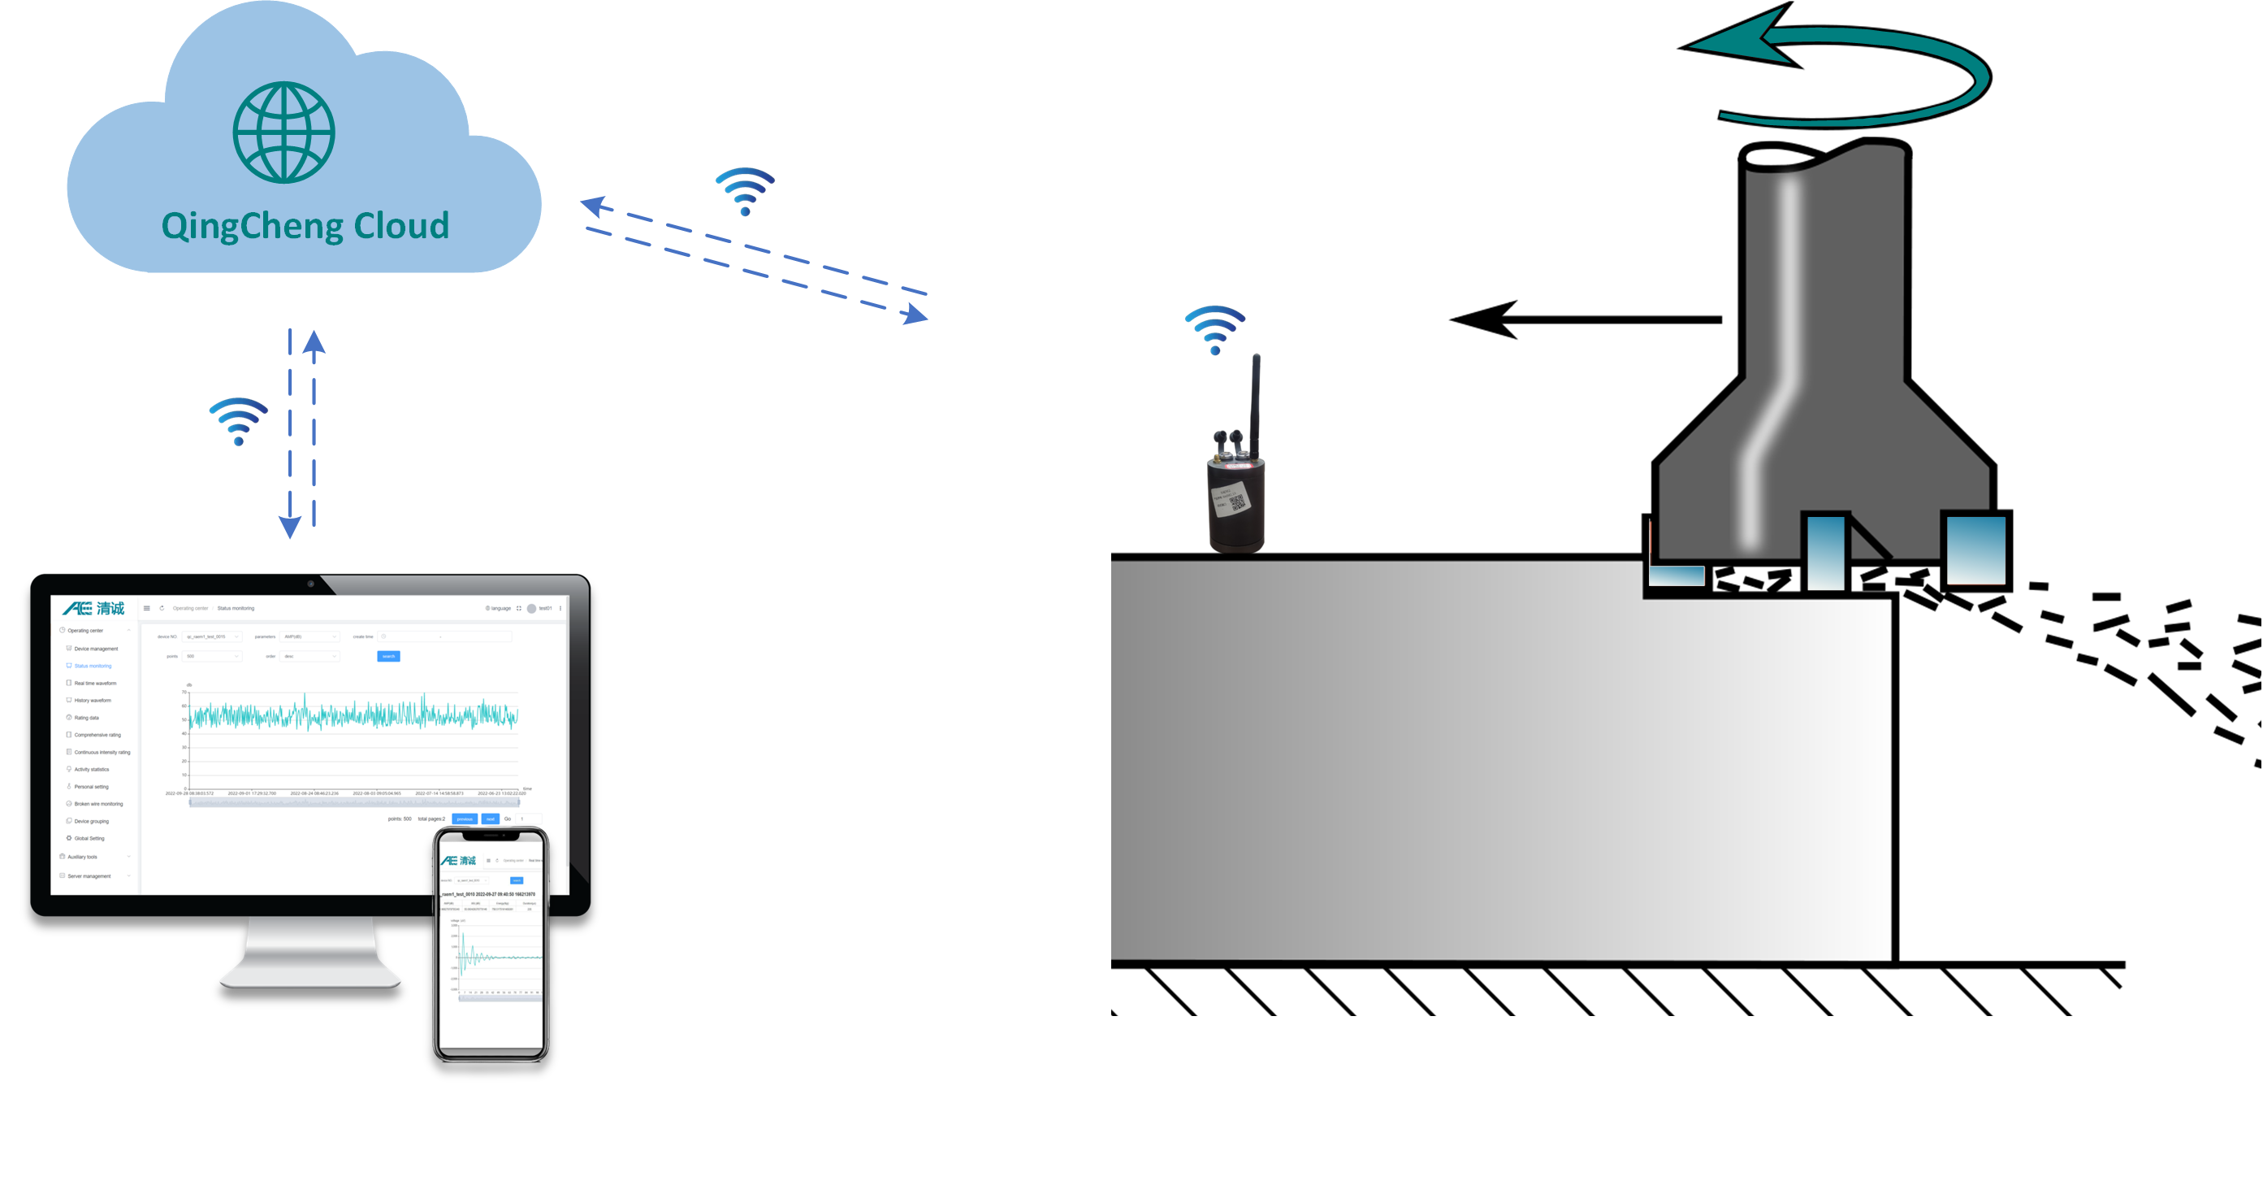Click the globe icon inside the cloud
283,132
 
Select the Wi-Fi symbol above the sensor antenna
1215,328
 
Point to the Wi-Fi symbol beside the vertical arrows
238,421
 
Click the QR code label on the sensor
1237,502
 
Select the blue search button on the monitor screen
388,656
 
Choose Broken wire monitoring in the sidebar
97,803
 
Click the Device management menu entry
95,649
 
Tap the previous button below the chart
464,819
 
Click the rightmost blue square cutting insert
1976,550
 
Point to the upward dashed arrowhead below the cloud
314,343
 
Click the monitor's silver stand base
310,975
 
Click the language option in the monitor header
498,608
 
